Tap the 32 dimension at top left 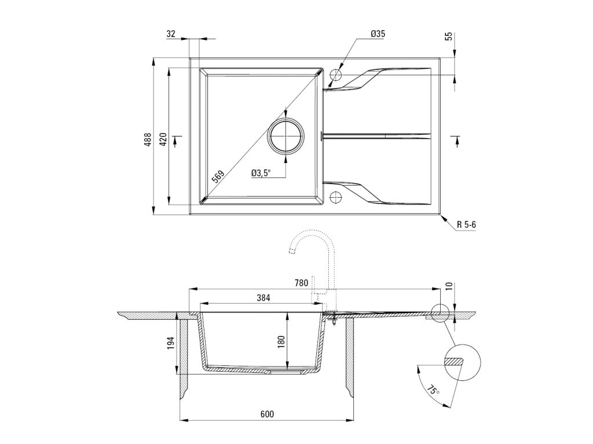click(171, 34)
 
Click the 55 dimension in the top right click(448, 36)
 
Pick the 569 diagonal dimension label click(218, 176)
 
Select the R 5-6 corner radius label click(466, 224)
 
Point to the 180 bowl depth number click(281, 341)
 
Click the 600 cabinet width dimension click(266, 414)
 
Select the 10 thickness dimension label click(448, 287)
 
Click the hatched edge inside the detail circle click(455, 361)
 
